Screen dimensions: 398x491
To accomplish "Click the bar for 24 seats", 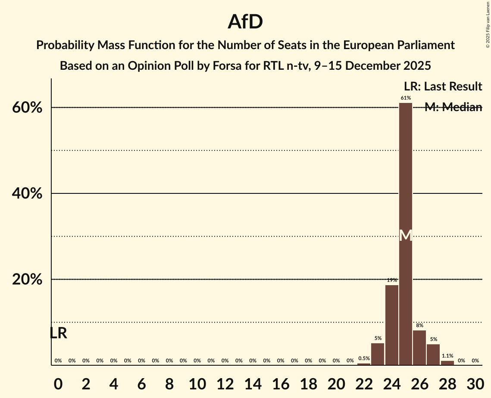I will [392, 325].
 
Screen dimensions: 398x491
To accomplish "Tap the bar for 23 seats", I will [378, 354].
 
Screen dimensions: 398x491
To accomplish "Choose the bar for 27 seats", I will [433, 354].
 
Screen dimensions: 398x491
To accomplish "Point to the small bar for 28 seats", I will [447, 363].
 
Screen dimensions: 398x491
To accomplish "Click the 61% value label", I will [406, 98].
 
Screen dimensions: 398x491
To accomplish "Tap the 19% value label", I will [392, 280].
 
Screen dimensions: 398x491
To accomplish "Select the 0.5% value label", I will [364, 358].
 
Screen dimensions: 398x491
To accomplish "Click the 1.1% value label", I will [447, 356].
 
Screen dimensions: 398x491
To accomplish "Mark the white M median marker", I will [406, 235].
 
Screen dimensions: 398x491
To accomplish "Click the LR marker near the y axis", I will [58, 333].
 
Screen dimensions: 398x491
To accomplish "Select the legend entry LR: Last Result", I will [443, 87].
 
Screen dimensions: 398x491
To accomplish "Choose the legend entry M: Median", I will [453, 107].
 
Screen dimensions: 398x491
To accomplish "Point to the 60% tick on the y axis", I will [27, 108].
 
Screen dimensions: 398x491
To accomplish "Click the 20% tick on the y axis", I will [27, 280].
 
